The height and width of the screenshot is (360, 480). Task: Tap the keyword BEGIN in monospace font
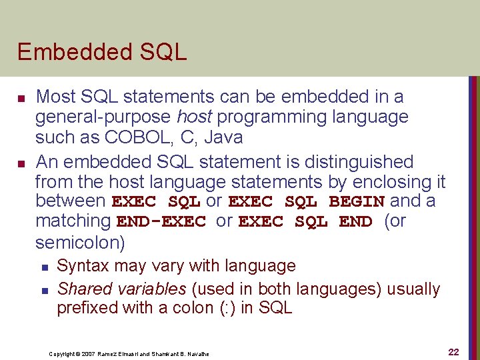(357, 201)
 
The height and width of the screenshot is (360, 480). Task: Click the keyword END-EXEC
(161, 221)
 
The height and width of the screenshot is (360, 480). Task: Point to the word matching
(73, 221)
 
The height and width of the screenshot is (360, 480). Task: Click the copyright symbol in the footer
(78, 353)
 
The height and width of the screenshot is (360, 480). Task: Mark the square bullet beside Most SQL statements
(21, 98)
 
